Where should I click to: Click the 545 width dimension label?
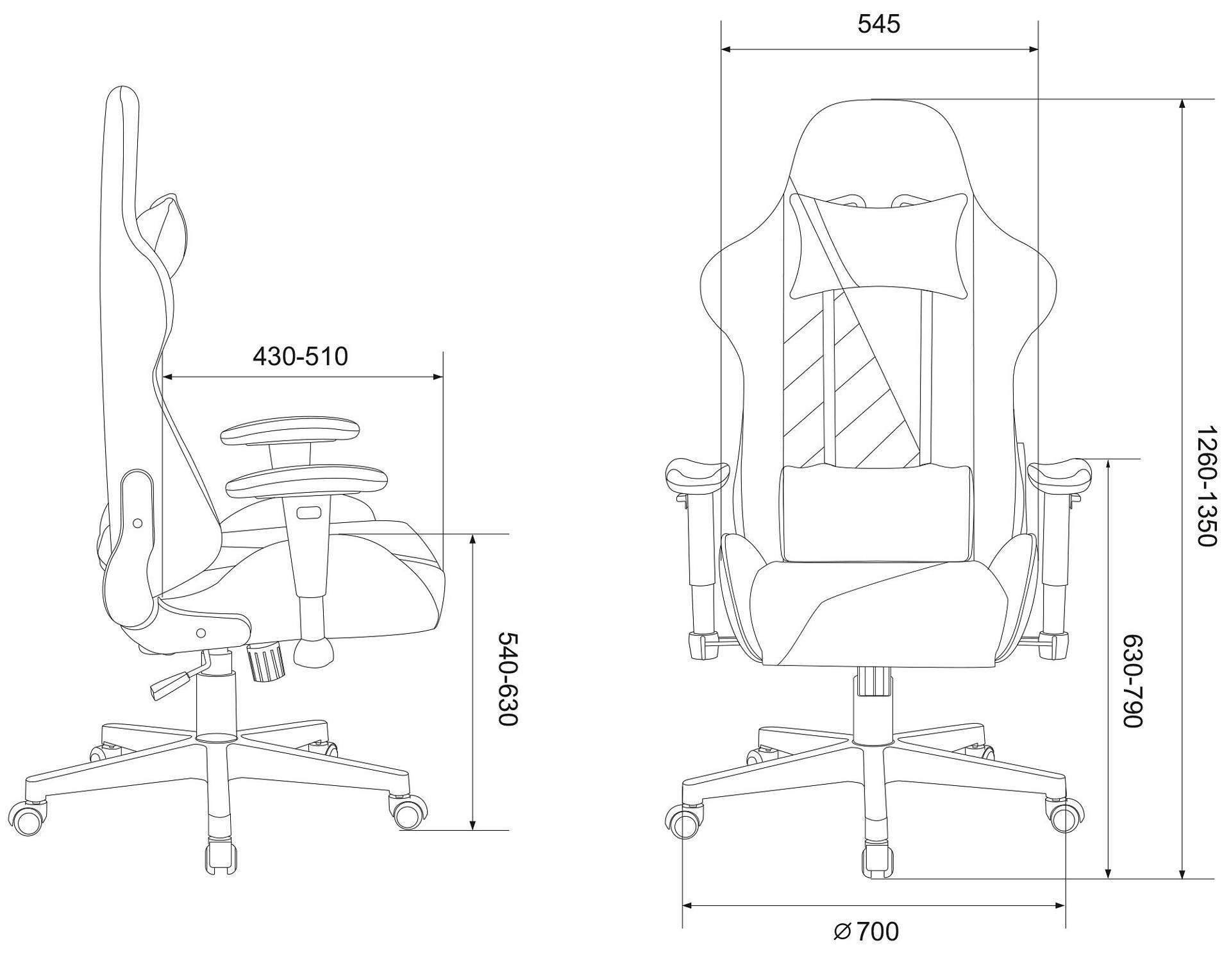(x=878, y=24)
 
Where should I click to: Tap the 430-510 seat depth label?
(x=300, y=356)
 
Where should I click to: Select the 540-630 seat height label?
(x=508, y=678)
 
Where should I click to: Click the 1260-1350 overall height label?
(x=1207, y=486)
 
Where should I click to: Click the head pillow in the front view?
(x=878, y=246)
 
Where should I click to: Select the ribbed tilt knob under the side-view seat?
(x=266, y=663)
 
